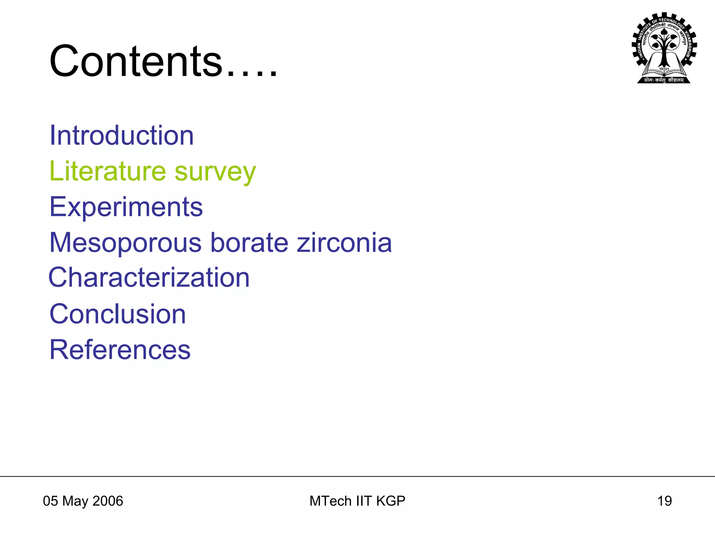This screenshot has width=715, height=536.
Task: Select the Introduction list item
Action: coord(121,135)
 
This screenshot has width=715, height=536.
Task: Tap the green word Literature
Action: coord(108,171)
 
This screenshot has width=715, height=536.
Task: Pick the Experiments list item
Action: coord(126,207)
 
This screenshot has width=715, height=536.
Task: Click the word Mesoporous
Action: coord(125,243)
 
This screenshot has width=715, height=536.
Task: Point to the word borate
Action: coord(249,243)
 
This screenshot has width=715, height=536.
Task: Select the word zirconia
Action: coord(344,243)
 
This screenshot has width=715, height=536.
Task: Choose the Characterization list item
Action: coord(149,278)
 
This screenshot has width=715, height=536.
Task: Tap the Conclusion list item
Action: coord(118,314)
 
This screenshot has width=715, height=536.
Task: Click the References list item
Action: coord(120,350)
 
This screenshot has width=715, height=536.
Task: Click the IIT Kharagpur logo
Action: coord(664,48)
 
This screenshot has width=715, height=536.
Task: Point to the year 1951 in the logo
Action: coord(664,69)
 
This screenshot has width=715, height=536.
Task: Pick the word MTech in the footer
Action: coord(330,501)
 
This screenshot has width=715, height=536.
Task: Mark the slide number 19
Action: coord(664,501)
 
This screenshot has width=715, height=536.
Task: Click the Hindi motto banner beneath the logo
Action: coord(664,80)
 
